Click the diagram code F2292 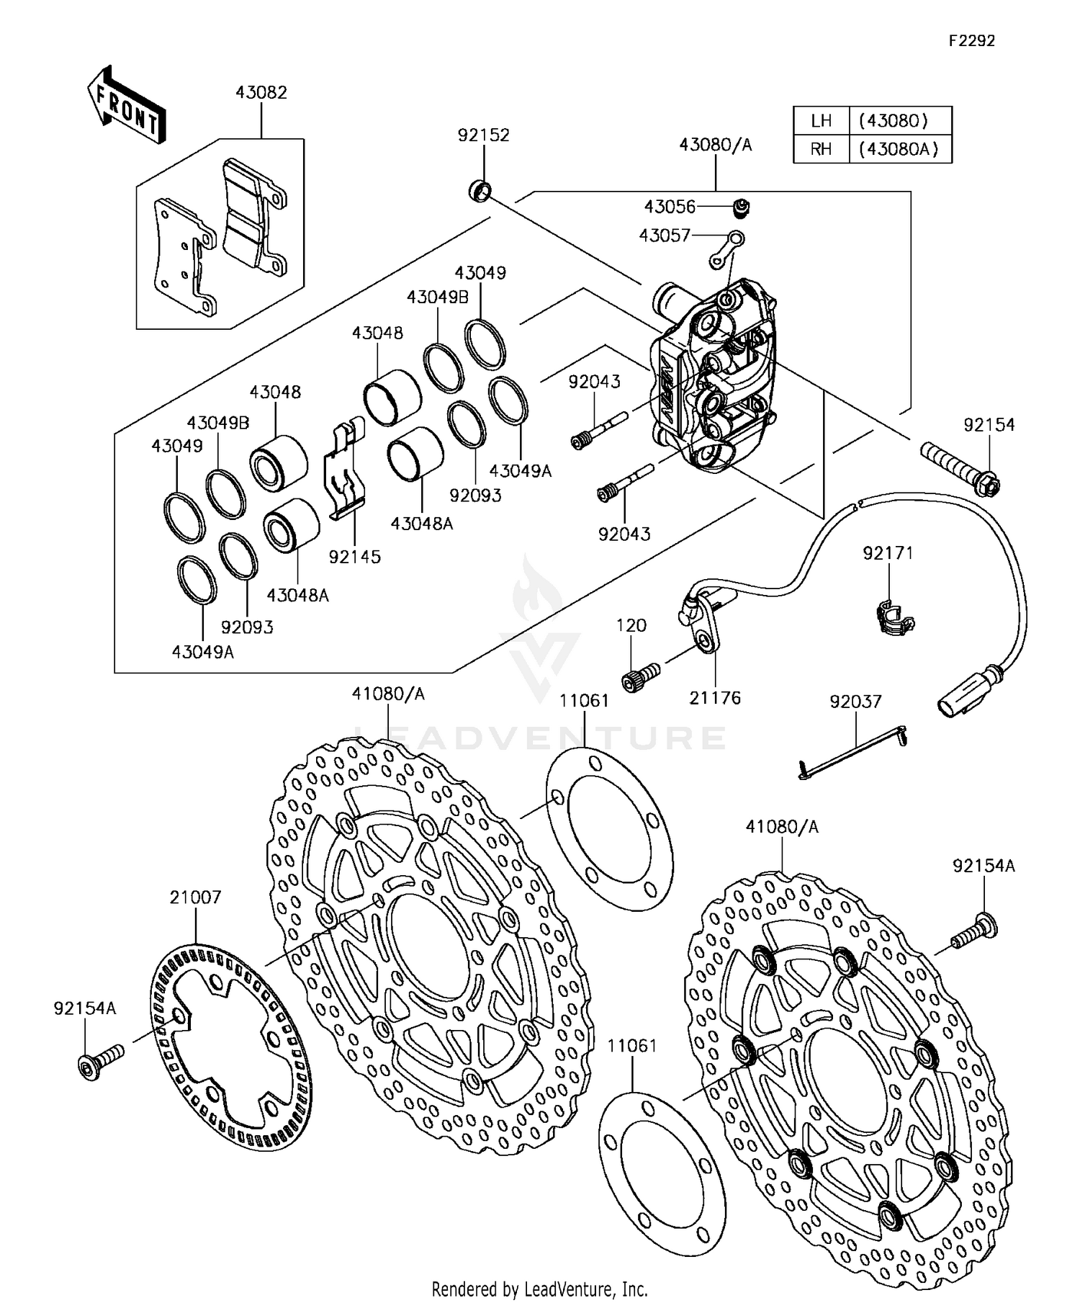(971, 41)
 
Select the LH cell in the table (821, 120)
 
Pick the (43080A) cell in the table (899, 149)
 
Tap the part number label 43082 (261, 93)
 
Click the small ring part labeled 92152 (480, 192)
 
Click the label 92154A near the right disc (984, 866)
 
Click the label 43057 (665, 236)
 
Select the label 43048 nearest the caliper (377, 333)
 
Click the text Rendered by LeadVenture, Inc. (539, 1288)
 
